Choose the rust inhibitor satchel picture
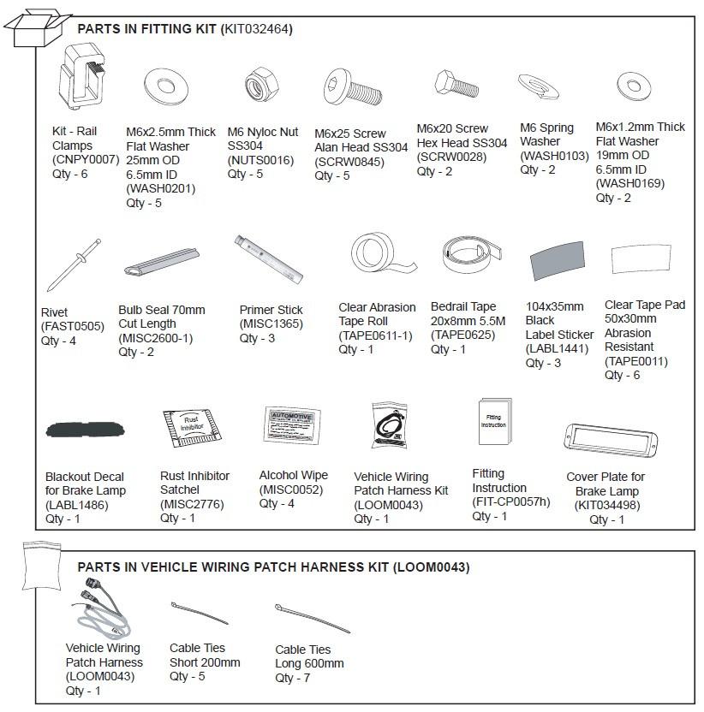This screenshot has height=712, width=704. tap(191, 436)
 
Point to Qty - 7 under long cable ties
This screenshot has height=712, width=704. tap(293, 678)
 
